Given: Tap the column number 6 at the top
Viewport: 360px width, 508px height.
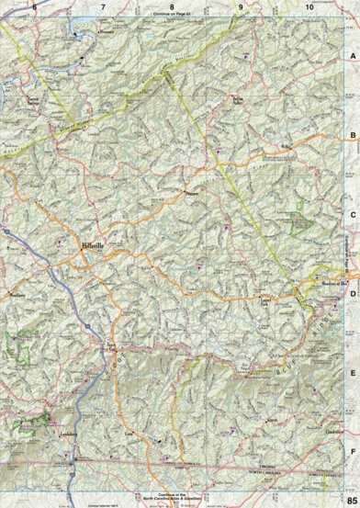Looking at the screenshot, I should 34,7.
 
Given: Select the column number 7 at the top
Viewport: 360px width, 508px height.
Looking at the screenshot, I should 103,7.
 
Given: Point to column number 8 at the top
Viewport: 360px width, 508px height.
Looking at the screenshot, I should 172,7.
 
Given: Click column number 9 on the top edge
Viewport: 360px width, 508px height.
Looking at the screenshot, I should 241,7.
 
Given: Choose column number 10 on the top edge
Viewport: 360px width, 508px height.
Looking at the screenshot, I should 309,7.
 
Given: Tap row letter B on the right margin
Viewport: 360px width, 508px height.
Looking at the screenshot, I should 352,135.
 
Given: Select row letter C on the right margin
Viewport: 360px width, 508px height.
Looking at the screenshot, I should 352,215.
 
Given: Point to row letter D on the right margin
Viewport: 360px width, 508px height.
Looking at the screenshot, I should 352,295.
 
